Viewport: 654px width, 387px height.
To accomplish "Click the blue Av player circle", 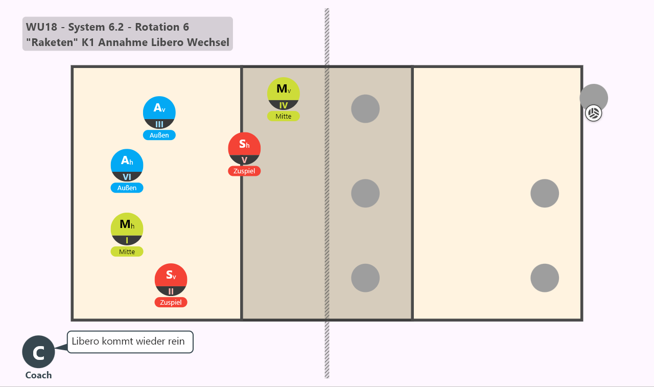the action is pos(159,112).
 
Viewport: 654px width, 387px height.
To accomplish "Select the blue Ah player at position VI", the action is pos(127,165).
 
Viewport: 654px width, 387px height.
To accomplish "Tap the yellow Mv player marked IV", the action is pos(283,94).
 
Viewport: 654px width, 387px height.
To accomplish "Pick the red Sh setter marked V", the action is pos(244,149).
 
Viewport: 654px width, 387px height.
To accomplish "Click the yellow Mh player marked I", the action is pos(127,229).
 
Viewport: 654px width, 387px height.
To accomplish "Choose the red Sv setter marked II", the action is pos(171,280).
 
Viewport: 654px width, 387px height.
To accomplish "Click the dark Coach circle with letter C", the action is pos(38,352).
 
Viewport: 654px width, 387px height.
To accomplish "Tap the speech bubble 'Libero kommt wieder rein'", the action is pos(130,342).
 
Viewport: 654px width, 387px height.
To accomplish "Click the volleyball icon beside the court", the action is pos(593,113).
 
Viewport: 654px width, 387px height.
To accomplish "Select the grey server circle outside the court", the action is pos(594,98).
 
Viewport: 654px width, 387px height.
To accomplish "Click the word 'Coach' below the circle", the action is pos(38,375).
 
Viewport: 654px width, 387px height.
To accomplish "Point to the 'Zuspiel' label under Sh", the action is pos(244,171).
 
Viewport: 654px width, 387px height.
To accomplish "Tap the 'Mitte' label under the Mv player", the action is pos(283,116).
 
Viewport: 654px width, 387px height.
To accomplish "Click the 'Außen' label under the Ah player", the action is pos(127,188).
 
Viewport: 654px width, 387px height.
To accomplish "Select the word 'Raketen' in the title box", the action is pos(52,42).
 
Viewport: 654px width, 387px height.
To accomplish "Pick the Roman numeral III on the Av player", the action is pos(159,124).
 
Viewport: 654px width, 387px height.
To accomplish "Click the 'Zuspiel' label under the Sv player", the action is pos(171,302).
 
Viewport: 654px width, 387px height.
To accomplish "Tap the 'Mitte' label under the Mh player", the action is pos(127,252).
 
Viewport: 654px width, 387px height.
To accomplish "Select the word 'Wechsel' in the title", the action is pos(208,42).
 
